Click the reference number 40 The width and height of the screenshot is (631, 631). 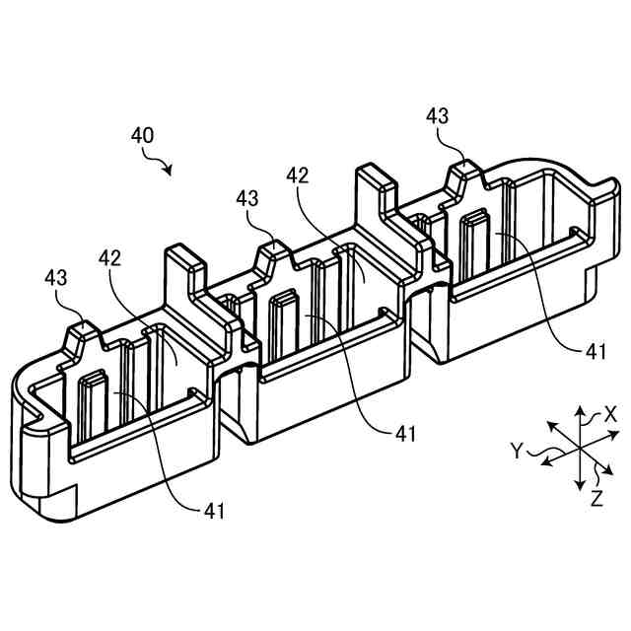tap(142, 135)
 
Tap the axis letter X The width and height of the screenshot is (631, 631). tap(610, 415)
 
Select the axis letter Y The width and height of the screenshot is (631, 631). tap(517, 452)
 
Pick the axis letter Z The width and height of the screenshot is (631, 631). tap(596, 498)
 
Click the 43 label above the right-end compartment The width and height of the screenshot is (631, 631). tap(439, 116)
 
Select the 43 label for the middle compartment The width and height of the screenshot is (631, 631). tap(248, 198)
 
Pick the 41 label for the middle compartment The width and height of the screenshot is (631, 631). tap(404, 432)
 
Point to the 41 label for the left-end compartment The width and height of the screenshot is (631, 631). tap(215, 510)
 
